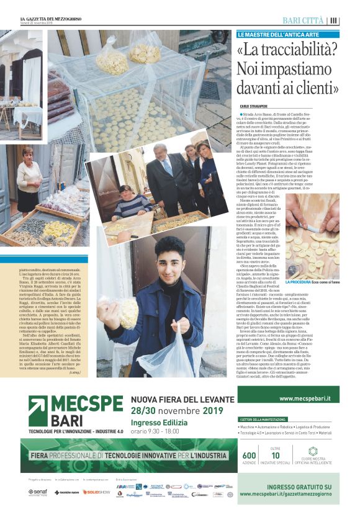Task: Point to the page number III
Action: pyautogui.click(x=334, y=20)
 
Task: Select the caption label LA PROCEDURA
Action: pyautogui.click(x=299, y=282)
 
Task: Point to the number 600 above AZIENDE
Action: pyautogui.click(x=249, y=456)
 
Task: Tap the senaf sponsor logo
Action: pyautogui.click(x=38, y=492)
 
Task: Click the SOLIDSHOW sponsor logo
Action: pyautogui.click(x=96, y=492)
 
